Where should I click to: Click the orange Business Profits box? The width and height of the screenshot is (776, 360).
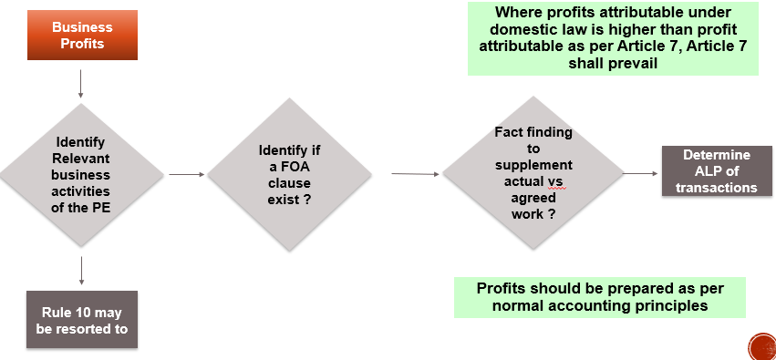[x=81, y=36]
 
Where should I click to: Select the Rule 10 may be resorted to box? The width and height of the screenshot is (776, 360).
[x=81, y=321]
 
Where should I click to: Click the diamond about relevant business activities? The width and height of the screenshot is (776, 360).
[x=81, y=174]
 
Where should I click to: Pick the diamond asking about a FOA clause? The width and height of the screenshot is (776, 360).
[x=289, y=173]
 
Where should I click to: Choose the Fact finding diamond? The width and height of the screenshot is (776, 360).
[x=533, y=173]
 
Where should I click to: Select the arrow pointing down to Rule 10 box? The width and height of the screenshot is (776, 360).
[x=81, y=271]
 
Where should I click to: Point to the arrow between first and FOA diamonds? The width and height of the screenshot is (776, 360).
[x=186, y=174]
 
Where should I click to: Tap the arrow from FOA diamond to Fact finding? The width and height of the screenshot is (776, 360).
[x=416, y=172]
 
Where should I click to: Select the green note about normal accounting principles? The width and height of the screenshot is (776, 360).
[x=600, y=297]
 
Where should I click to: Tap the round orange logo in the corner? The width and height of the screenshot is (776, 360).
[x=760, y=346]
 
